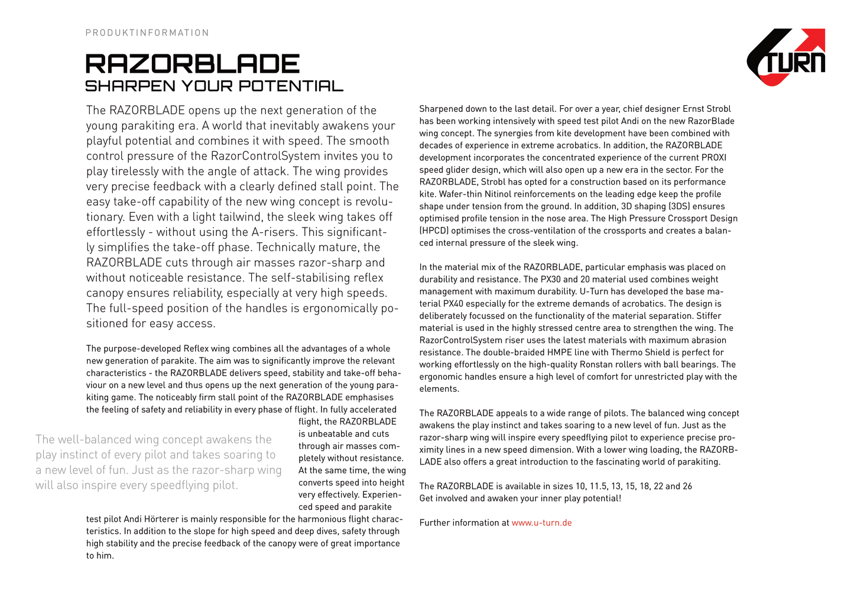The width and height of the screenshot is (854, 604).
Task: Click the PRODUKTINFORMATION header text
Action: tap(147, 33)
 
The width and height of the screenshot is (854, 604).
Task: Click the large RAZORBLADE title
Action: tap(193, 64)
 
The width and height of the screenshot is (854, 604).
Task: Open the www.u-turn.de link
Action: tap(541, 523)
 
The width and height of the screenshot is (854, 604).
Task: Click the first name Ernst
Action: tap(694, 109)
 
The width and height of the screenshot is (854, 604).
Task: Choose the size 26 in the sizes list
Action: tap(687, 486)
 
